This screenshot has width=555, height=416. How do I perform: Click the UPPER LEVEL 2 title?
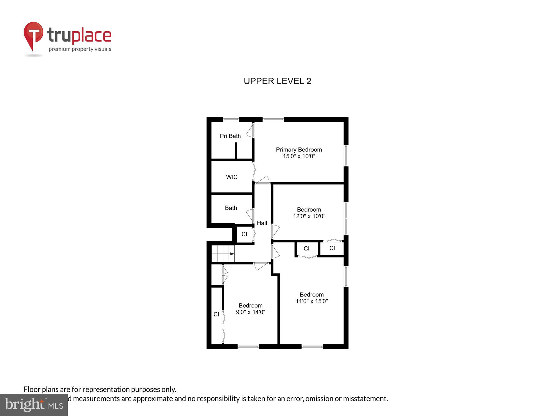[x=277, y=81]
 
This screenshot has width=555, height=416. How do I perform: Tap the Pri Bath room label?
[x=230, y=136]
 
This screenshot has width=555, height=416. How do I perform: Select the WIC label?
[x=232, y=177]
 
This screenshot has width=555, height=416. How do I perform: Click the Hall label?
[x=262, y=223]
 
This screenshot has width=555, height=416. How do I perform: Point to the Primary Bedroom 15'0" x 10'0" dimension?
[x=299, y=156]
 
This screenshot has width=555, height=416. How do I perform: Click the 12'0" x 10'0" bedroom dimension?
[x=309, y=216]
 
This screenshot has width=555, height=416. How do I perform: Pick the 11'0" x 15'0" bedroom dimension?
[x=312, y=301]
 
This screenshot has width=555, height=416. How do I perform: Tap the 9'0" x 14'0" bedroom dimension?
[x=250, y=312]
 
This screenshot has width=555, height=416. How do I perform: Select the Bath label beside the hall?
[x=231, y=208]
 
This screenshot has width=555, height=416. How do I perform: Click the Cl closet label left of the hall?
[x=244, y=234]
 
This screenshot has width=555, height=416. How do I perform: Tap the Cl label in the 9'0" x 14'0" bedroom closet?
[x=216, y=314]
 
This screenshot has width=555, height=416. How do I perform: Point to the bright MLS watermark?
[x=34, y=405]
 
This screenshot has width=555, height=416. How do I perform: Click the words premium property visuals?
[x=80, y=49]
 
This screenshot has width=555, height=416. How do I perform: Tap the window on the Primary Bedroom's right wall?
[x=346, y=156]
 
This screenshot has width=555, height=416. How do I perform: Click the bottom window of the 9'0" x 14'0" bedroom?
[x=248, y=346]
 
